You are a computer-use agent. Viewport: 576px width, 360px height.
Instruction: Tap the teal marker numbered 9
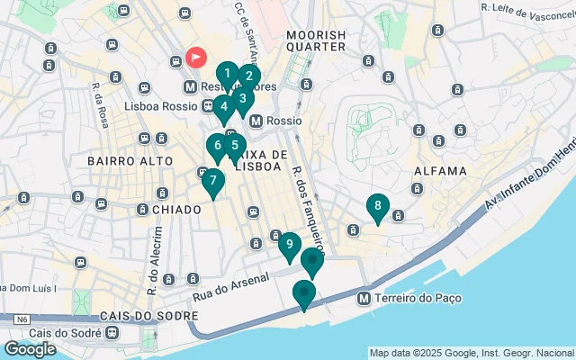(x=289, y=244)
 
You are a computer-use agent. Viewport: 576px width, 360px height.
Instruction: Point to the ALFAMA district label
(x=440, y=171)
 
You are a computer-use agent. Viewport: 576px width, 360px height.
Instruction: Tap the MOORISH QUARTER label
(x=315, y=40)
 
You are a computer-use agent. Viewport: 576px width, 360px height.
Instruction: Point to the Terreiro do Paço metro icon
(x=364, y=298)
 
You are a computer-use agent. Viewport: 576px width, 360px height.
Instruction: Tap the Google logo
(x=30, y=349)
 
